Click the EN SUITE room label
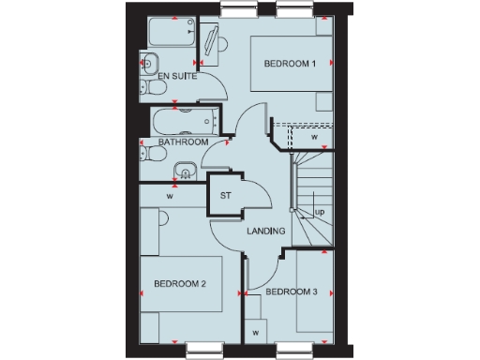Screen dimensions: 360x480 tap(177, 77)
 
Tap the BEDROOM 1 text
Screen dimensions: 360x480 tap(290, 64)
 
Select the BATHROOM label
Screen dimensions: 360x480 tap(183, 142)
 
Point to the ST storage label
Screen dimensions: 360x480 tap(225, 196)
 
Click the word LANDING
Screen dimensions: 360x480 tap(265, 231)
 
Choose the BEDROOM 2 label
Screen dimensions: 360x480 tap(180, 283)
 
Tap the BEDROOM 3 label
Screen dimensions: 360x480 tap(292, 292)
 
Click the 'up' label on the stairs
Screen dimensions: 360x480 tap(320, 213)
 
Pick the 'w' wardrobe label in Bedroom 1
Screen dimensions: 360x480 tap(315, 137)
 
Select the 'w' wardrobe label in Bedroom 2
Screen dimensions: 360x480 tap(171, 197)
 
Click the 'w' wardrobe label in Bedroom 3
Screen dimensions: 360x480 tap(254, 331)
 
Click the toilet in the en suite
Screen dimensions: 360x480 tap(153, 89)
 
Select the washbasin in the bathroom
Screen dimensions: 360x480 tap(185, 172)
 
